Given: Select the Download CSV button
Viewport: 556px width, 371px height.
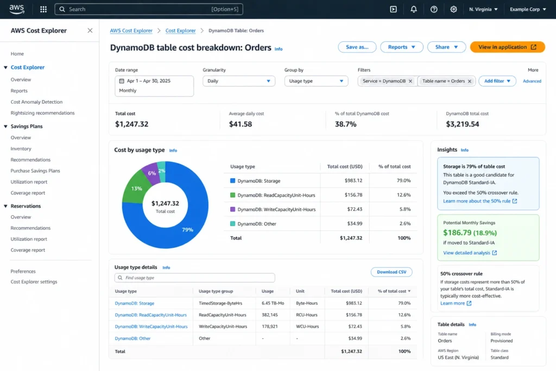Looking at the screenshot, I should [x=391, y=272].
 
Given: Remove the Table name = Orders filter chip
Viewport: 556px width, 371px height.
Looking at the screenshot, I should [x=470, y=81].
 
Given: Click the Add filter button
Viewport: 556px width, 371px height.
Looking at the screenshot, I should [x=497, y=81].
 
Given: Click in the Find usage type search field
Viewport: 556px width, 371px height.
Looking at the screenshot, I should [x=195, y=278].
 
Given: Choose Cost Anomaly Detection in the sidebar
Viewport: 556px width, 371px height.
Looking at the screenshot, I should [x=36, y=102].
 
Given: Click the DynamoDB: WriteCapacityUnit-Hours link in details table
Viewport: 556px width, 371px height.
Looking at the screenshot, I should [x=151, y=326].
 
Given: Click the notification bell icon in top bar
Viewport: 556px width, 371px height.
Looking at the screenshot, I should [x=414, y=9].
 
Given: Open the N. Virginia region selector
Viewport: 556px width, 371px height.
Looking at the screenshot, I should [x=483, y=9].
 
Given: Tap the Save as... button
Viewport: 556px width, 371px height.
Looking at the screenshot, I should [x=357, y=47].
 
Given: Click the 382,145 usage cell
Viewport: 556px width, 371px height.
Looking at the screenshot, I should [x=270, y=315].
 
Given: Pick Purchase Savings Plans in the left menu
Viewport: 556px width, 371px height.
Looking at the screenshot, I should [x=35, y=171].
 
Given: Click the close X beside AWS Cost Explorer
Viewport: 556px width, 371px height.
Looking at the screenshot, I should [x=90, y=30].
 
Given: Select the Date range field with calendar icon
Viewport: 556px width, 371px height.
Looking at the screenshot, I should [x=154, y=86].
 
